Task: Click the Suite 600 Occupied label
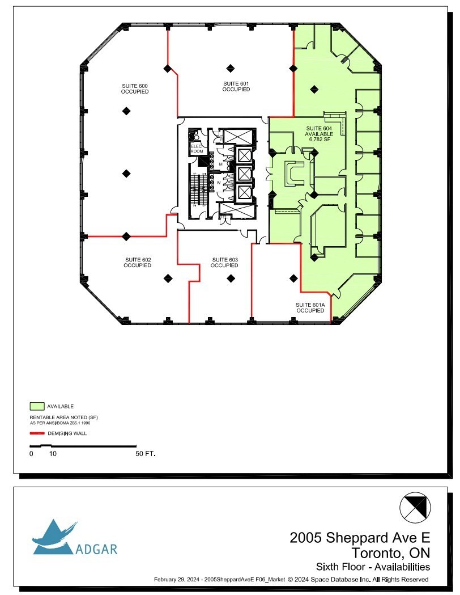(135, 88)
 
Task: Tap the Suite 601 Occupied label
(236, 86)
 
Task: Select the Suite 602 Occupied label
(138, 263)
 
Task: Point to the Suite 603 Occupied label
(224, 263)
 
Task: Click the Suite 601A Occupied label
(310, 307)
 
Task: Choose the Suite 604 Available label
(319, 131)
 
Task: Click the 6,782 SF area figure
(319, 139)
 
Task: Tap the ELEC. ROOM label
(197, 149)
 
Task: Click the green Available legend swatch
(37, 406)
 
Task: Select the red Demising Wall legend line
(37, 433)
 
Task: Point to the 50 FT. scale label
(146, 454)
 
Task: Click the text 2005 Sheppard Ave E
(360, 537)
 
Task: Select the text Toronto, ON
(390, 552)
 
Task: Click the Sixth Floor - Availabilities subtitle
(372, 567)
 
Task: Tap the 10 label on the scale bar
(53, 454)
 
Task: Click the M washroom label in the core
(220, 164)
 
